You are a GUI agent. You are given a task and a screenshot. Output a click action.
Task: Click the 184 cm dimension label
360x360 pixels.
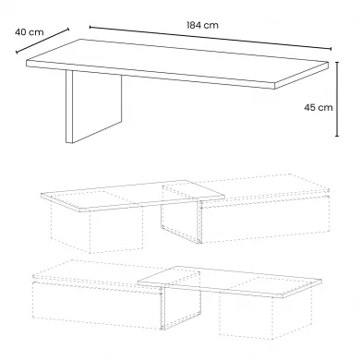[202, 25]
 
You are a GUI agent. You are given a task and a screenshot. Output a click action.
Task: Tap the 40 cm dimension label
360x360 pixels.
[30, 32]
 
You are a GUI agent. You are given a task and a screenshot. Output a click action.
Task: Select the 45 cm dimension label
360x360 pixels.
[318, 107]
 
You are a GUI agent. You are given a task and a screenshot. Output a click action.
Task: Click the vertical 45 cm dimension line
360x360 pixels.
[337, 99]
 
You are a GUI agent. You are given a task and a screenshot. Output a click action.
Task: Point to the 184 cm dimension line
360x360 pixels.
[210, 38]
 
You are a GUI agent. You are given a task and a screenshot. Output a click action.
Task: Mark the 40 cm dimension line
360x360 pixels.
[42, 41]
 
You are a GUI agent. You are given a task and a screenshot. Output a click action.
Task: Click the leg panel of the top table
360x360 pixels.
[93, 106]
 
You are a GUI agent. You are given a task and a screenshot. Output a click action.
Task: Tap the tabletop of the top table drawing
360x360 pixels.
[177, 64]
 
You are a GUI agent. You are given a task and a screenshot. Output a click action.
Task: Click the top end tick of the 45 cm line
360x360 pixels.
[337, 62]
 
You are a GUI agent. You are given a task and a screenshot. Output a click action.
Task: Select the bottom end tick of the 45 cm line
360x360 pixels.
[337, 136]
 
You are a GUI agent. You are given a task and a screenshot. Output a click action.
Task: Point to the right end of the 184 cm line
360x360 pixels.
[331, 49]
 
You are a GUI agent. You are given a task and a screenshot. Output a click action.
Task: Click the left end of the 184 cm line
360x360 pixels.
[90, 27]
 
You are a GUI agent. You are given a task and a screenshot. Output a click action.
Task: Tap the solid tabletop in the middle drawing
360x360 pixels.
[133, 196]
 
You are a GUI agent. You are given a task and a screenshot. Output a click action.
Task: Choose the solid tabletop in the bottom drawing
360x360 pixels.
[230, 282]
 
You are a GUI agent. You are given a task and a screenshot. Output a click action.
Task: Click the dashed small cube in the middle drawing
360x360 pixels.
[97, 222]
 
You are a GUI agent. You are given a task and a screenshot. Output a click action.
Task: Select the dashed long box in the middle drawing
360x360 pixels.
[246, 209]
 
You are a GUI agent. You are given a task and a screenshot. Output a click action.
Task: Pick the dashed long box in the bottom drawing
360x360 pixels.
[116, 294]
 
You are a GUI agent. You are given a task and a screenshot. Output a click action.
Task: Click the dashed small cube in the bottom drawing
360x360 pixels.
[265, 307]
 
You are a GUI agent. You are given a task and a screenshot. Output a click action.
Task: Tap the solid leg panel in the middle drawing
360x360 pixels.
[181, 221]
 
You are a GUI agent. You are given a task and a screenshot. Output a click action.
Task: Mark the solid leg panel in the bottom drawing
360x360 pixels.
[182, 307]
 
